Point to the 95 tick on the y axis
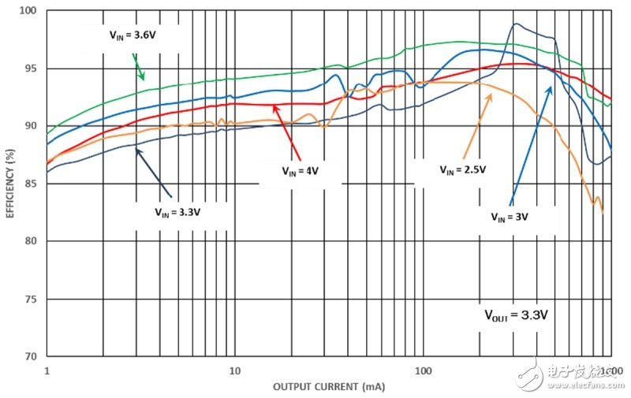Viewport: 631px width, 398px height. [x=31, y=69]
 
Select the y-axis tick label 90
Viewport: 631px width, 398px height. [x=31, y=126]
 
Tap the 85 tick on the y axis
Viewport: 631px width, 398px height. [x=31, y=184]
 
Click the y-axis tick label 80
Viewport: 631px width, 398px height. [x=31, y=241]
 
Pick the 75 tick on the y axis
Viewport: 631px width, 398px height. [x=31, y=299]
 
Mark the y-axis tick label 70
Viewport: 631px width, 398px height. [x=31, y=356]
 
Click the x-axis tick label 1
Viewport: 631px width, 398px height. [x=47, y=370]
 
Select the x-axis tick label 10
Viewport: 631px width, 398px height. [x=233, y=370]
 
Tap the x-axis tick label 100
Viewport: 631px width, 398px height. [x=423, y=370]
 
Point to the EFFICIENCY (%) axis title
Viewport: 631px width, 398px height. [x=10, y=183]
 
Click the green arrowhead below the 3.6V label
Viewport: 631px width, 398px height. [x=142, y=77]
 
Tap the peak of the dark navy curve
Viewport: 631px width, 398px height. [x=516, y=24]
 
